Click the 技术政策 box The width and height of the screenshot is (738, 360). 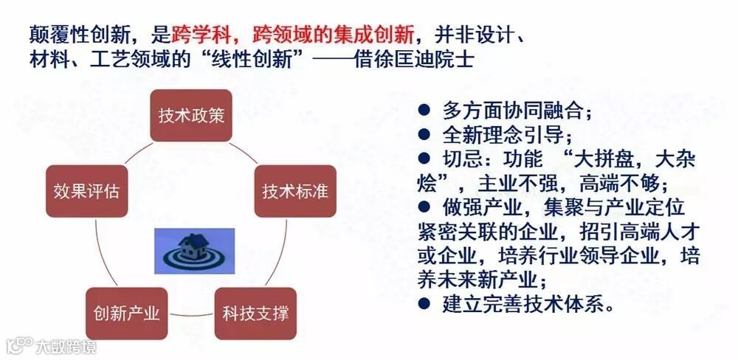(191, 116)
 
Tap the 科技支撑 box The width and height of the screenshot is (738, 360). (255, 313)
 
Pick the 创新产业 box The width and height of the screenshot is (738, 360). (126, 313)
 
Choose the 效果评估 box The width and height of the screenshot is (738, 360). (86, 191)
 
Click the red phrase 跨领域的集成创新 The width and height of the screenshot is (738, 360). (333, 34)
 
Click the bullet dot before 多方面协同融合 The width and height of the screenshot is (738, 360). (424, 111)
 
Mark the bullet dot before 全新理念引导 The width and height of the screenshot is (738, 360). (424, 134)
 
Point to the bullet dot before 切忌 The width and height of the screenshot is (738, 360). (424, 159)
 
